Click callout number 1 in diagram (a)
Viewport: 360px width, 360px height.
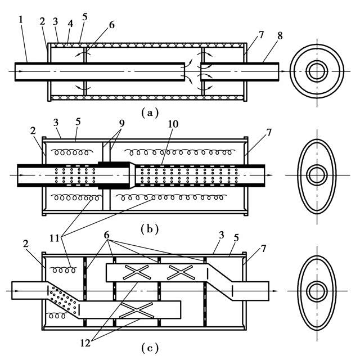(21, 20)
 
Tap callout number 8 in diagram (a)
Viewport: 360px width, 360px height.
(280, 36)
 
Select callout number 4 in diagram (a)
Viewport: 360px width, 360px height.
(70, 24)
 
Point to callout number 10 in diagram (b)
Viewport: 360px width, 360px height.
(173, 124)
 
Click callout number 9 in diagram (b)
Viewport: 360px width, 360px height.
(121, 124)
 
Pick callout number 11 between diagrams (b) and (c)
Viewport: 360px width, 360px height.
(55, 238)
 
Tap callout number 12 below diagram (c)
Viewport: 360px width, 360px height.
(85, 344)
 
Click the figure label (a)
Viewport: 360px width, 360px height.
(150, 112)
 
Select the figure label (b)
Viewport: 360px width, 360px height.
(150, 229)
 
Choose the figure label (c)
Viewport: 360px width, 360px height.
(150, 348)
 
